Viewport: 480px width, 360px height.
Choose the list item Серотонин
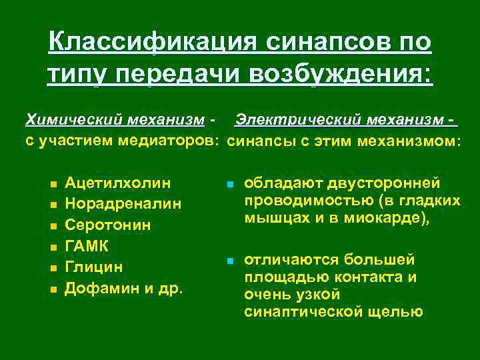[108, 225]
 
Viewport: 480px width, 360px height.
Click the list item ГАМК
[87, 246]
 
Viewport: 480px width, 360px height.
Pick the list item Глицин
[95, 267]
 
